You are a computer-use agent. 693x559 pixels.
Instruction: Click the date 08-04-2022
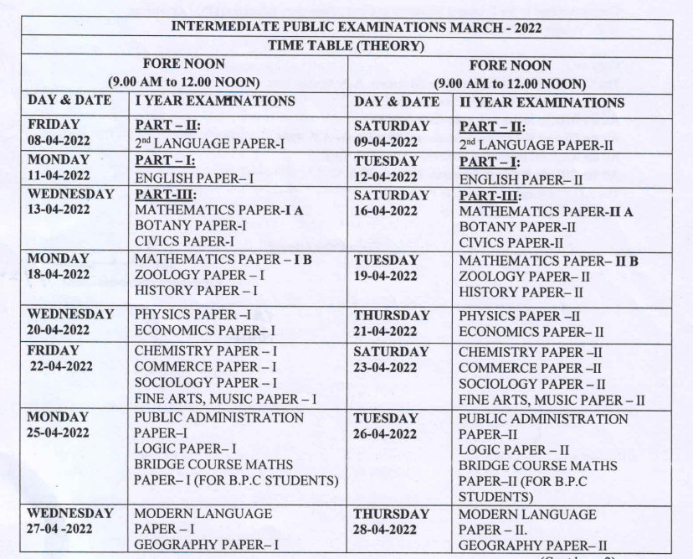[59, 142]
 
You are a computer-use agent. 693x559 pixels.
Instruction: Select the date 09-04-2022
[385, 142]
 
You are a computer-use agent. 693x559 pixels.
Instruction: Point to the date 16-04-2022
[385, 211]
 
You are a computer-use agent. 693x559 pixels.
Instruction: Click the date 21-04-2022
[385, 332]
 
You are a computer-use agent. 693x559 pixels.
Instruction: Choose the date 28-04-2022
[385, 530]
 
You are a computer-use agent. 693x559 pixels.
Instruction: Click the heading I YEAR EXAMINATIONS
[215, 101]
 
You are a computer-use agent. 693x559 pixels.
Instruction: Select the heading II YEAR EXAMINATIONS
[541, 102]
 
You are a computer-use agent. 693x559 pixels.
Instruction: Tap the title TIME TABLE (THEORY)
[346, 46]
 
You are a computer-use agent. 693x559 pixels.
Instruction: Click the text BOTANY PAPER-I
[190, 226]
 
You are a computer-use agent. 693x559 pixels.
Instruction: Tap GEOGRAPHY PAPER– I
[206, 545]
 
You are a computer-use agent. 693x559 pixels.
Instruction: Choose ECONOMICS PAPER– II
[531, 332]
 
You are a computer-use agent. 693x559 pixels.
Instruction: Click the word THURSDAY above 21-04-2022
[392, 315]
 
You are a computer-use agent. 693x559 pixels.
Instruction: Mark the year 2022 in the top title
[524, 27]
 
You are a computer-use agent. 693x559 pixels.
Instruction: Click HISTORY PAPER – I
[196, 291]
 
